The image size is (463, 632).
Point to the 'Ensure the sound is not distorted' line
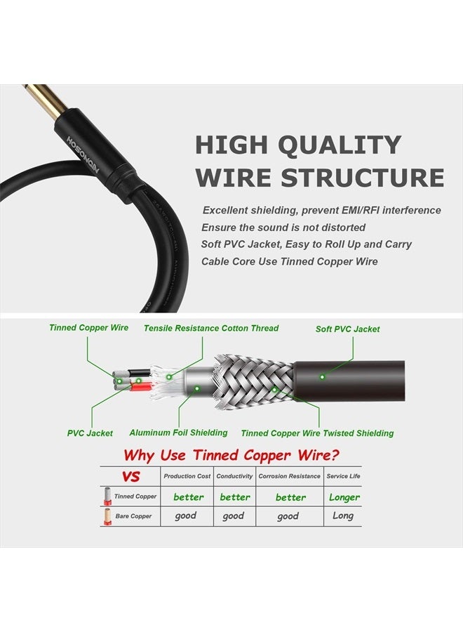coord(283,228)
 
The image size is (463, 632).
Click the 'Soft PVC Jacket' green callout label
coord(348,329)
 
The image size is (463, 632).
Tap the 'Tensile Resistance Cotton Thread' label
coord(211,328)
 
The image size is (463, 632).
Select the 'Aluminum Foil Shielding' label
coord(178,433)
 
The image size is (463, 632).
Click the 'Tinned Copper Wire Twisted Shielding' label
coord(317,433)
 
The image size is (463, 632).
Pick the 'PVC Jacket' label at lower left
coord(90,433)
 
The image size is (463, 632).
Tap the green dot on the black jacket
coord(322,376)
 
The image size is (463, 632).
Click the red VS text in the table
coord(130,477)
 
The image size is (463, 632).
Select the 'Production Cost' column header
coord(187,476)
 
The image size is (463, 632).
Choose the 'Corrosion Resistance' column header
coord(289,476)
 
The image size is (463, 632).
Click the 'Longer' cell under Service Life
coord(344,497)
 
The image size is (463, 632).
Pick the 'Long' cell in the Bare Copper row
coord(343,515)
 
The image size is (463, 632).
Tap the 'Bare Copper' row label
coord(133,516)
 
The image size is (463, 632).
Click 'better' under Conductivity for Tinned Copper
coord(235,497)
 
